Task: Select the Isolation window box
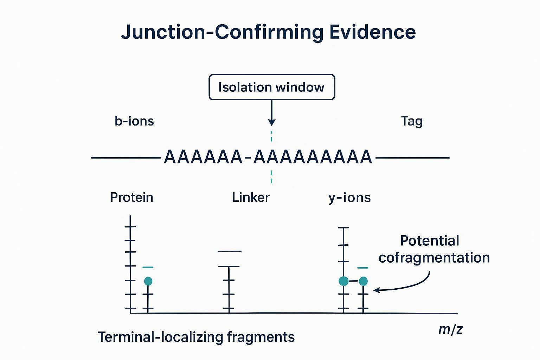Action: pyautogui.click(x=272, y=87)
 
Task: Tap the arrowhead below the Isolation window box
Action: pyautogui.click(x=271, y=122)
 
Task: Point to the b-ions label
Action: pyautogui.click(x=134, y=121)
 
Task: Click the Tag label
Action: pyautogui.click(x=412, y=121)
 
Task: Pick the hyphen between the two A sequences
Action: pyautogui.click(x=248, y=157)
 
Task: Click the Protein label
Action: pyautogui.click(x=131, y=198)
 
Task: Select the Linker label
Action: pyautogui.click(x=251, y=198)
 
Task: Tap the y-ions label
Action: pyautogui.click(x=349, y=198)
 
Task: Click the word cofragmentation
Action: pyautogui.click(x=434, y=258)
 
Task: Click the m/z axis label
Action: pyautogui.click(x=450, y=329)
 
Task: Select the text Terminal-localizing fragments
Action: pyautogui.click(x=196, y=337)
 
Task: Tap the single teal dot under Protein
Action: pyautogui.click(x=148, y=281)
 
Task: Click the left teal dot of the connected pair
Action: pyautogui.click(x=343, y=281)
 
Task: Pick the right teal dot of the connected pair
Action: pyautogui.click(x=363, y=281)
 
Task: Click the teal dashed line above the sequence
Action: pyautogui.click(x=271, y=136)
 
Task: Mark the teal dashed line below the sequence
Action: pyautogui.click(x=271, y=176)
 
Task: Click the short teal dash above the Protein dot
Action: pyautogui.click(x=148, y=268)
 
